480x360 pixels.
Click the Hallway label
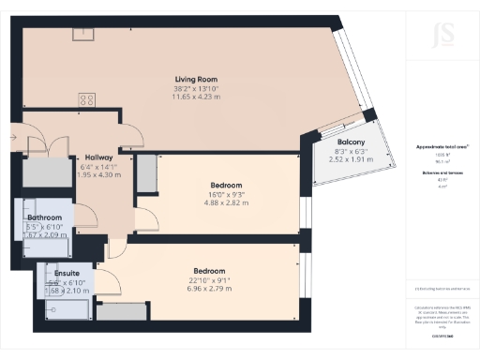(x=98, y=157)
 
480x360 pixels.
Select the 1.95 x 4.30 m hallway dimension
(x=98, y=175)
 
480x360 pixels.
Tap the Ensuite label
(x=66, y=274)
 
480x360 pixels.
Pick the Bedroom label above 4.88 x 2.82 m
(x=226, y=185)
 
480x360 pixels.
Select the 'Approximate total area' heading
(x=442, y=147)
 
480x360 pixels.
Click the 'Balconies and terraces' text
(x=442, y=174)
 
